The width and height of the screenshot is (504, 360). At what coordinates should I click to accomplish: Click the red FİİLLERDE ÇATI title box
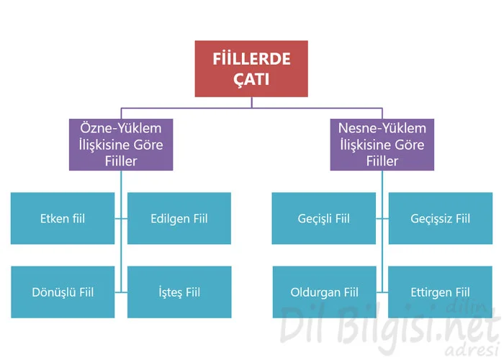(x=251, y=69)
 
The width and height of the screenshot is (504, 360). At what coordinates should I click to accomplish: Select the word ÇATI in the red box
(x=251, y=79)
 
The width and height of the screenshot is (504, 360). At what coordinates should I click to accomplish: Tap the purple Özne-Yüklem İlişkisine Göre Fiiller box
(x=121, y=145)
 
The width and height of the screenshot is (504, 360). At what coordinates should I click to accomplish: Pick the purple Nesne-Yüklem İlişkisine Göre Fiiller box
(x=382, y=145)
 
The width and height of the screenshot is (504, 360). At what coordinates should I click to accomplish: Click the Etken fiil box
(x=63, y=218)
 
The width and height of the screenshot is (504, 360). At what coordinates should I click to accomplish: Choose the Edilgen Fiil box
(x=179, y=218)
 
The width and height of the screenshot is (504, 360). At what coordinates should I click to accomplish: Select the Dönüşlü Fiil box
(x=63, y=292)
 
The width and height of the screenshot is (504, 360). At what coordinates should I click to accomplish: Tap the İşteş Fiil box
(x=179, y=292)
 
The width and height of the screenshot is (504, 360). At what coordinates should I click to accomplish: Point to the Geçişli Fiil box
(x=324, y=218)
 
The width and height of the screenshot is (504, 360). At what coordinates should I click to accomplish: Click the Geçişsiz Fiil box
(x=441, y=218)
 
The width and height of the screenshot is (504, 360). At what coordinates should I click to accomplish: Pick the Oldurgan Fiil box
(x=324, y=292)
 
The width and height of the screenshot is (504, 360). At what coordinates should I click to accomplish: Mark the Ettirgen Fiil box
(x=440, y=292)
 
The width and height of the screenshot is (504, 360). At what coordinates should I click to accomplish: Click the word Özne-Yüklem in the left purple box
(x=121, y=128)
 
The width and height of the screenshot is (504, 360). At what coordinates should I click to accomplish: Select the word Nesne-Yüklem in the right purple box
(x=382, y=128)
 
